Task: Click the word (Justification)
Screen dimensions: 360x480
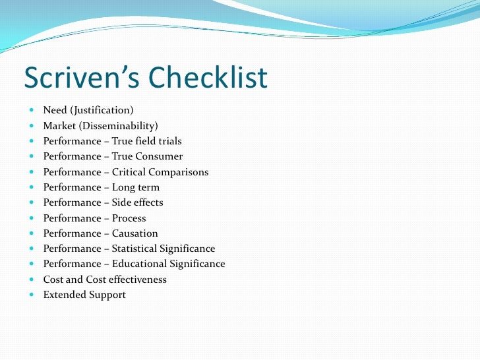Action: coord(102,110)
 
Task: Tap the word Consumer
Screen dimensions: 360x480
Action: coord(158,156)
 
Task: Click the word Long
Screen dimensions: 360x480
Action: coord(124,187)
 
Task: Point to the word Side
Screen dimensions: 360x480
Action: coord(123,202)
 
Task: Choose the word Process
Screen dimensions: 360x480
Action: coord(129,218)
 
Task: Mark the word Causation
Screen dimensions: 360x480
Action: coord(135,233)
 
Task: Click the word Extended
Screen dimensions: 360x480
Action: coord(64,295)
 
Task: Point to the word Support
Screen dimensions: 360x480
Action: coord(107,295)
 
